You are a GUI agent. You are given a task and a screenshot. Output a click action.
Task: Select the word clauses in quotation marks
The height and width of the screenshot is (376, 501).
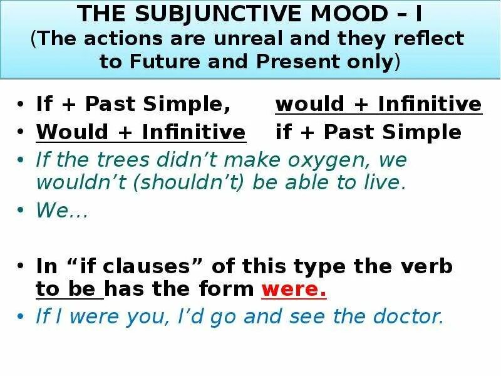pos(151,266)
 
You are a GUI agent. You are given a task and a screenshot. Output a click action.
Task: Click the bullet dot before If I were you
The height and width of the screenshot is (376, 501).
pos(23,317)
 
